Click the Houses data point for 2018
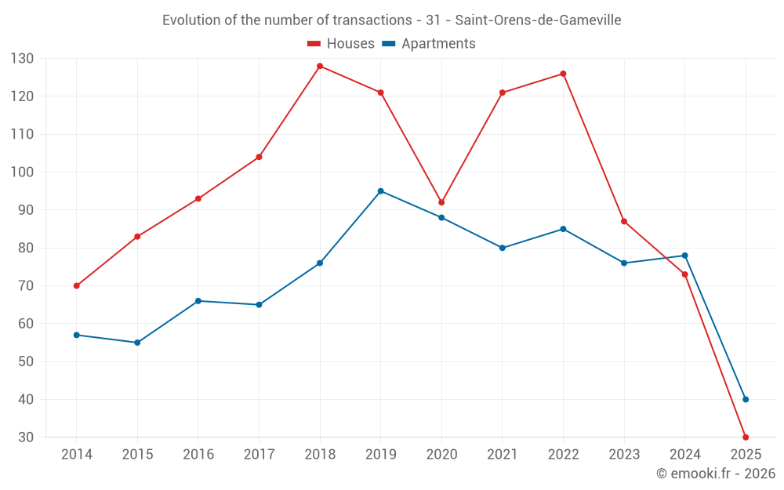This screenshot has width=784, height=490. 320,66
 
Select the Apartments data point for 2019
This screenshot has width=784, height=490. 381,191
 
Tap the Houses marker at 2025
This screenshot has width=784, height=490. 746,437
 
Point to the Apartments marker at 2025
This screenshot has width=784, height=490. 746,400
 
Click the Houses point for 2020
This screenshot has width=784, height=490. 441,202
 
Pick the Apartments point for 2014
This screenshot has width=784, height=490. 77,335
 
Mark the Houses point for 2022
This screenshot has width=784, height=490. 563,74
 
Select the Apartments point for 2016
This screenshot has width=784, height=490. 198,301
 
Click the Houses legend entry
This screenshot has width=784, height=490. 341,44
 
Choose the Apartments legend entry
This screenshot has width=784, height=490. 429,44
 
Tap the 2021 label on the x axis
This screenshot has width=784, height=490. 503,455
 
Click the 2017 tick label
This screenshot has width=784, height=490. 259,455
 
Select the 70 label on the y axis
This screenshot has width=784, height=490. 26,286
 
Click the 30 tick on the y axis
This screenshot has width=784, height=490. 26,437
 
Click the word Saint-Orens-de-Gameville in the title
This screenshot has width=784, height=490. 538,20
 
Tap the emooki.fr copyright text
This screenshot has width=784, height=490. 716,474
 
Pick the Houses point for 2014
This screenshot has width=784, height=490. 77,286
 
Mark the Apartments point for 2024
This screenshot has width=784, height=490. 684,256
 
